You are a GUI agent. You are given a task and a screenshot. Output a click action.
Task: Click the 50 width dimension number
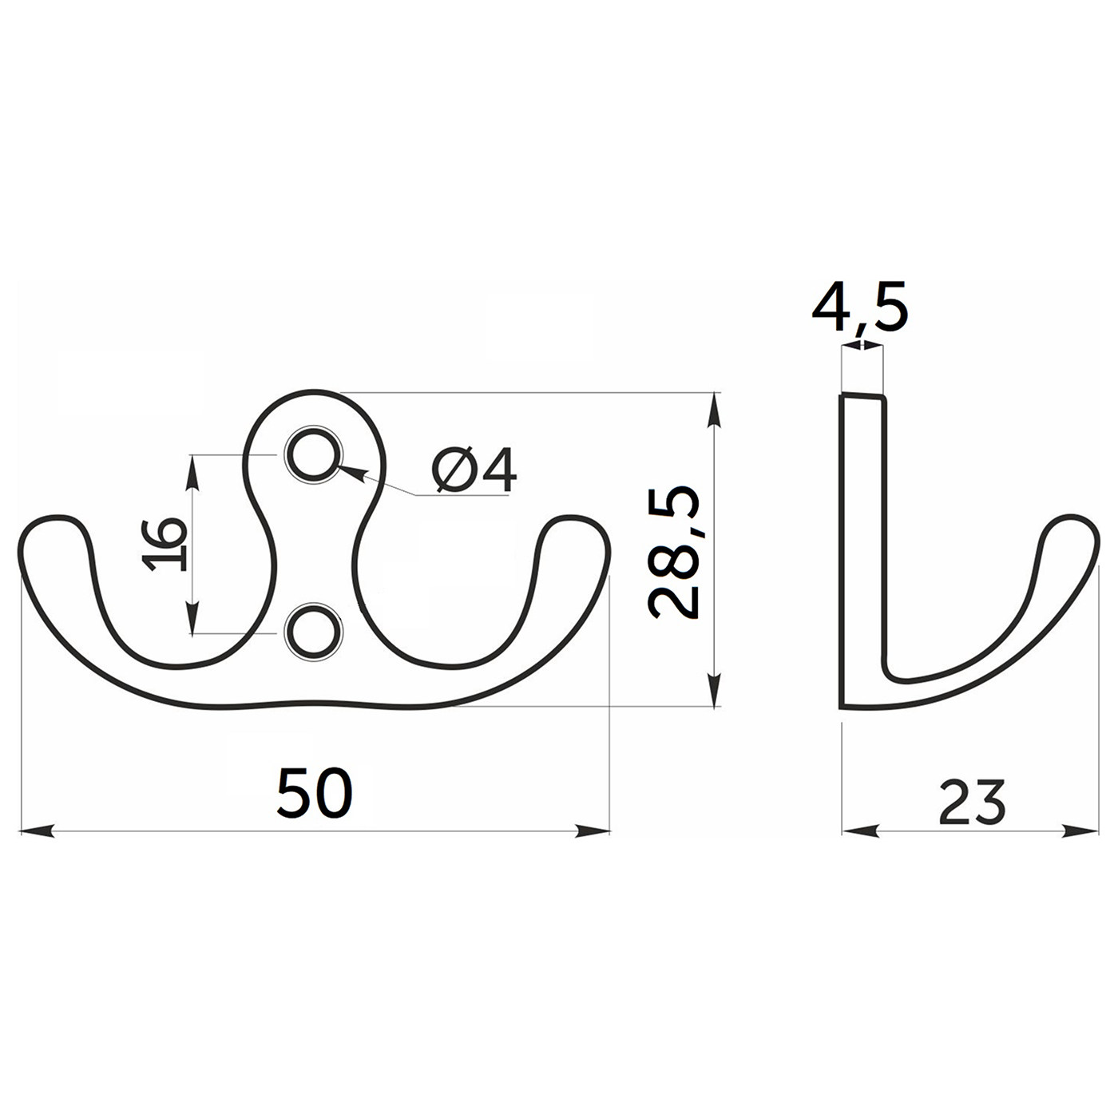(x=315, y=793)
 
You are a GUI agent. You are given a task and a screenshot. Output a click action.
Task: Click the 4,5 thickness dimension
(x=859, y=307)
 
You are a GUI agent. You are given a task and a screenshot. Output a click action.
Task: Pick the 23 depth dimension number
(x=971, y=803)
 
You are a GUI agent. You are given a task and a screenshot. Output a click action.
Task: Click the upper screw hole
(x=314, y=455)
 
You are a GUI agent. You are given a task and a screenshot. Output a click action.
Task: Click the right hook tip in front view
(x=574, y=517)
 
